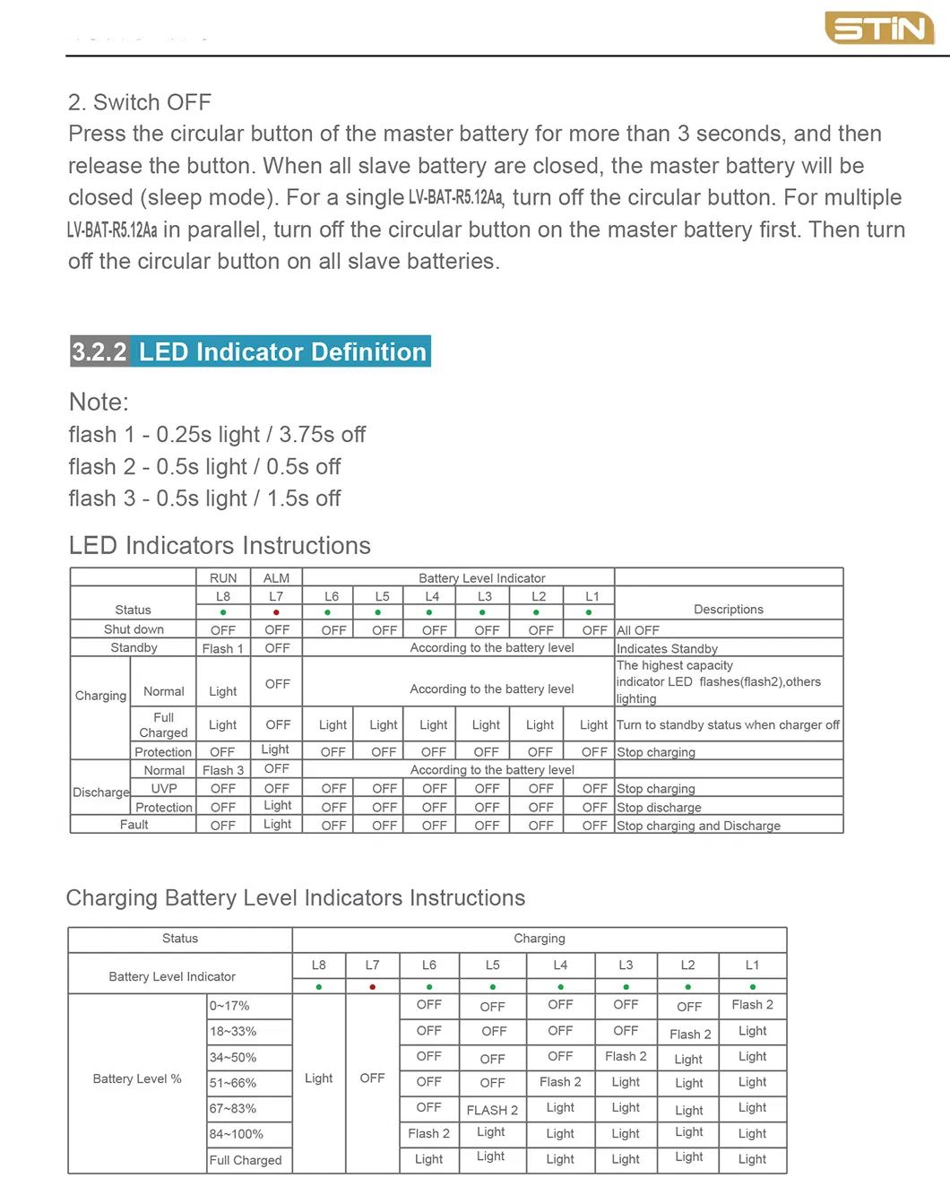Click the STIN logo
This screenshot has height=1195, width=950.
click(878, 29)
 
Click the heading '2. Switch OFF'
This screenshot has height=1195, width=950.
click(140, 102)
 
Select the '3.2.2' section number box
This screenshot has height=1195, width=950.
click(99, 351)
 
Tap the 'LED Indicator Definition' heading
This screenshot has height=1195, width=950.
click(282, 351)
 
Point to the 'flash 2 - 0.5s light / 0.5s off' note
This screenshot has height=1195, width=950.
click(204, 466)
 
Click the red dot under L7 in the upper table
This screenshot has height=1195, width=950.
click(276, 612)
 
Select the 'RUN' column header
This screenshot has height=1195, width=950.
click(223, 578)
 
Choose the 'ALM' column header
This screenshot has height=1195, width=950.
click(276, 578)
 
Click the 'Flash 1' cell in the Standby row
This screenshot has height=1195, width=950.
click(222, 648)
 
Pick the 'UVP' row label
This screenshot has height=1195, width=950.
click(164, 788)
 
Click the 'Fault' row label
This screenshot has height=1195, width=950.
click(134, 825)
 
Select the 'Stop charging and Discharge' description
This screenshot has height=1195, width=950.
click(698, 826)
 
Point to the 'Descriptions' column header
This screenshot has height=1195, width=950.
click(729, 609)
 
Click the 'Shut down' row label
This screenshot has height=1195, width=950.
click(134, 629)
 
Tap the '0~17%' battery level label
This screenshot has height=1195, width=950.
click(229, 1006)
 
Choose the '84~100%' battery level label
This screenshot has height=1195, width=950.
click(237, 1134)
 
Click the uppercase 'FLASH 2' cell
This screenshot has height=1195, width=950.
click(492, 1110)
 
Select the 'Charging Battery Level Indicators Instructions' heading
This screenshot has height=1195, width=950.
click(296, 897)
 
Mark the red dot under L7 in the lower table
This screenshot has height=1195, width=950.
click(372, 987)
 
